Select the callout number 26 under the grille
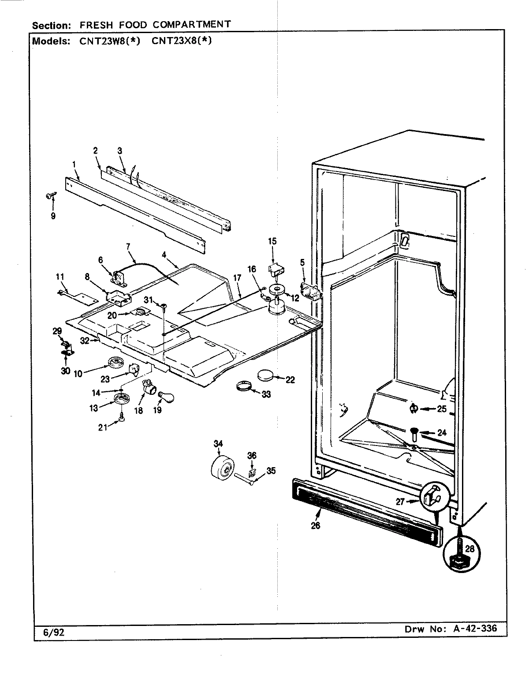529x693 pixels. click(316, 525)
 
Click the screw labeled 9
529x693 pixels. click(50, 197)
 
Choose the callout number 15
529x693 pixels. click(272, 241)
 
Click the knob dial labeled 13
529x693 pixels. click(120, 400)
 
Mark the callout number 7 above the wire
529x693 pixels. click(128, 246)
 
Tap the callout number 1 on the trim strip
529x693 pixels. click(74, 164)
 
